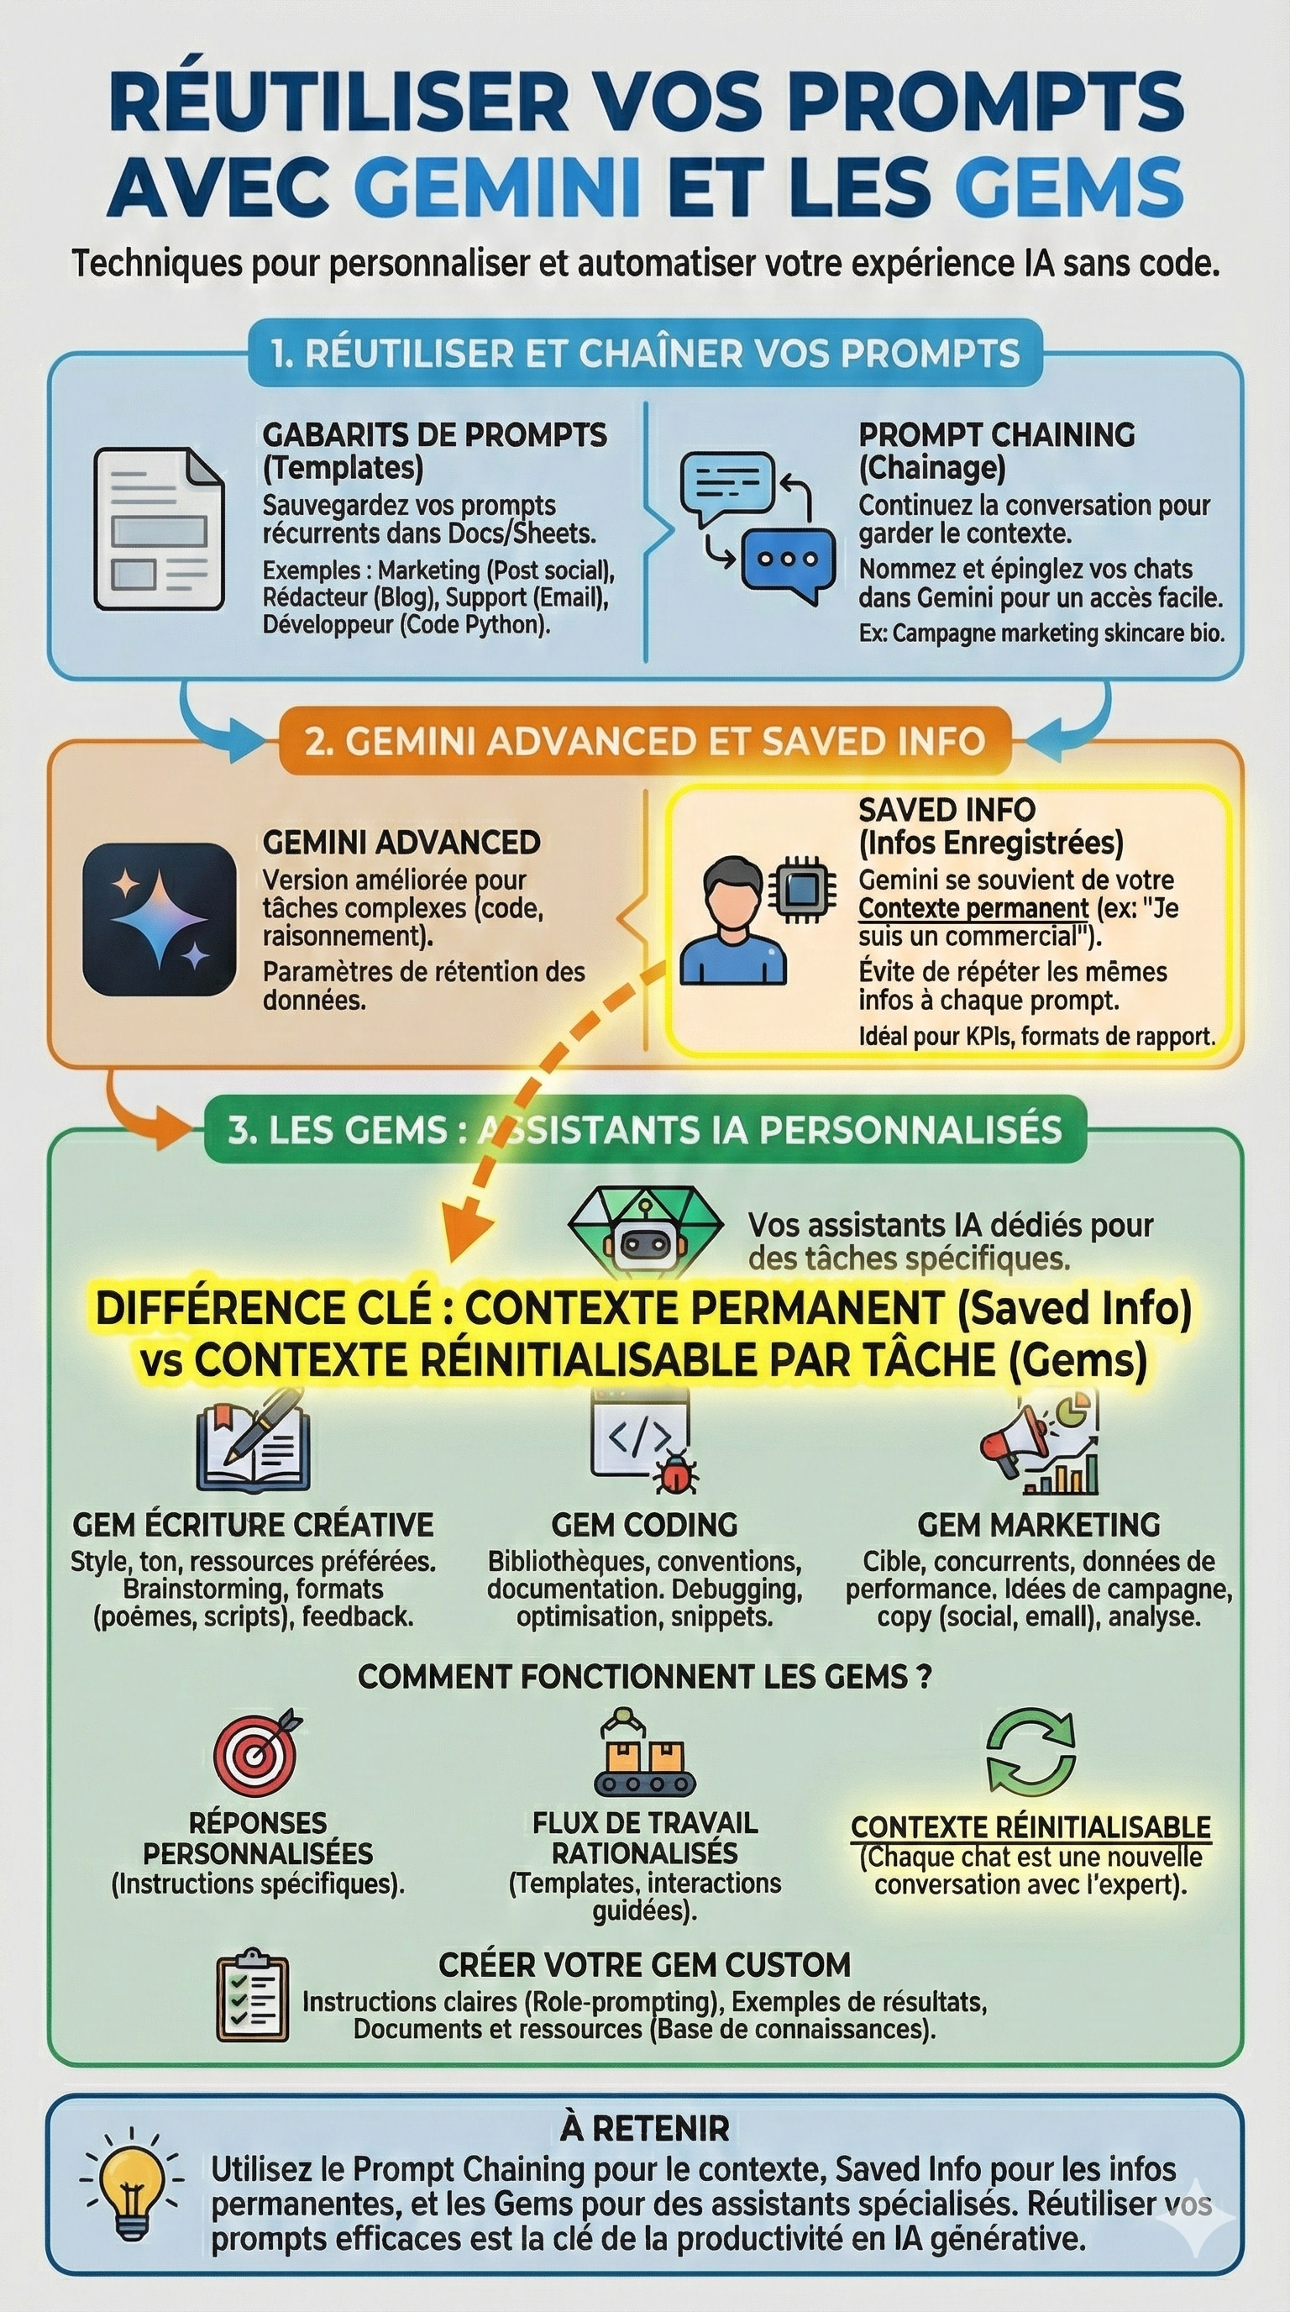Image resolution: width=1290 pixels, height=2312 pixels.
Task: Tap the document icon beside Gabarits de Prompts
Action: (x=159, y=528)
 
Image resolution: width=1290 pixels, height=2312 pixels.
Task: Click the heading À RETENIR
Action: (x=644, y=2127)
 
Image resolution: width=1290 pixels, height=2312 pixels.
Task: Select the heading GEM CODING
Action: (x=644, y=1525)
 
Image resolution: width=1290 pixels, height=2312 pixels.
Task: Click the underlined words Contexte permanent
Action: (x=973, y=908)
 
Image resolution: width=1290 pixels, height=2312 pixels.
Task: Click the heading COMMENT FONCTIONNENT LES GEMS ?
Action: (x=644, y=1676)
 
